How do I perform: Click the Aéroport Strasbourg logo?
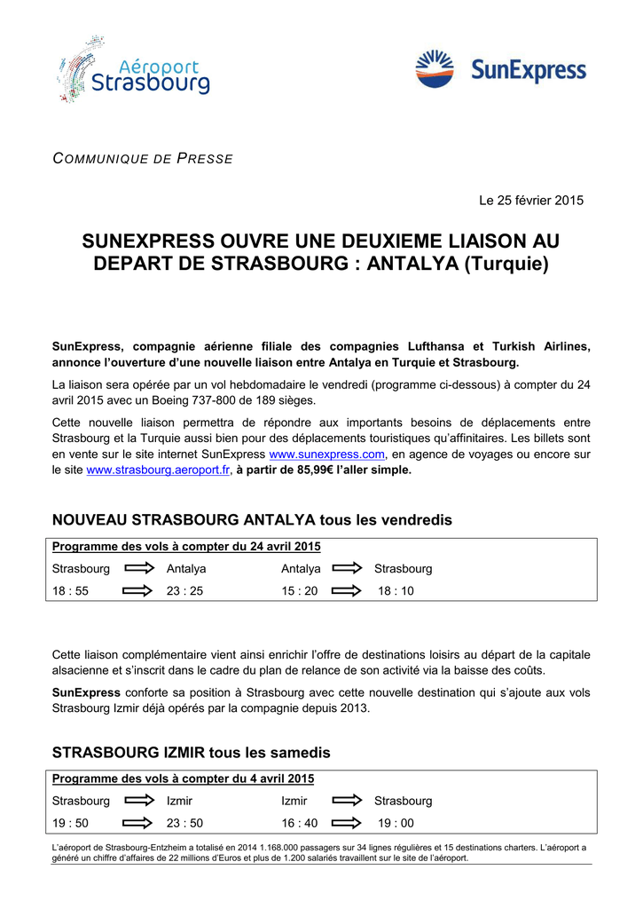click(134, 70)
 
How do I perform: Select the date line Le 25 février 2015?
click(531, 201)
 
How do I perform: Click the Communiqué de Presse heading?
click(143, 159)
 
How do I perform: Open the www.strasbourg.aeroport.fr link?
click(158, 470)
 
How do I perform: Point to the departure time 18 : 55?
click(70, 590)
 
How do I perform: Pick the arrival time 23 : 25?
click(184, 590)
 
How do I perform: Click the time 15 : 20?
click(300, 590)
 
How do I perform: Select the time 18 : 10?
click(396, 590)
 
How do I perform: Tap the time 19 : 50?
click(70, 823)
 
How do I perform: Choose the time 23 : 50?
click(184, 823)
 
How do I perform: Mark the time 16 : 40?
click(300, 823)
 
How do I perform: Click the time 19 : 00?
click(396, 823)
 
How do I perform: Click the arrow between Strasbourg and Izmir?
click(138, 801)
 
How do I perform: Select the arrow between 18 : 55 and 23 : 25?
click(138, 590)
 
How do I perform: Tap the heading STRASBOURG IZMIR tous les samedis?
click(191, 753)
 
